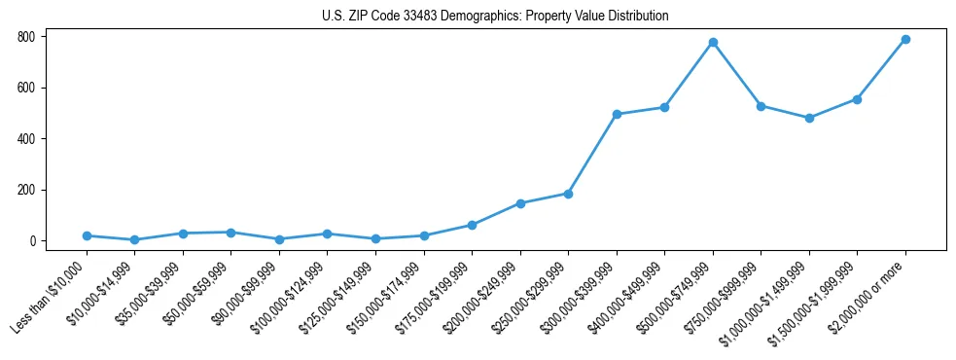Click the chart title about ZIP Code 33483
(x=495, y=17)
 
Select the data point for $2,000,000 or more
(x=905, y=40)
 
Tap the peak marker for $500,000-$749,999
(x=713, y=43)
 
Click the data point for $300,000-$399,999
(x=617, y=115)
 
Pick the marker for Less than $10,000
(x=87, y=235)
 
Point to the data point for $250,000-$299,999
(x=568, y=194)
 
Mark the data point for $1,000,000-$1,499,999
(x=809, y=118)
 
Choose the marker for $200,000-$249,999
(x=520, y=203)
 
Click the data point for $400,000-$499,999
(x=664, y=107)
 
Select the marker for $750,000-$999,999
(x=761, y=106)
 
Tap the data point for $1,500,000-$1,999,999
(x=857, y=99)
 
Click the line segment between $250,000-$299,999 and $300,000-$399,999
(x=592, y=154)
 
